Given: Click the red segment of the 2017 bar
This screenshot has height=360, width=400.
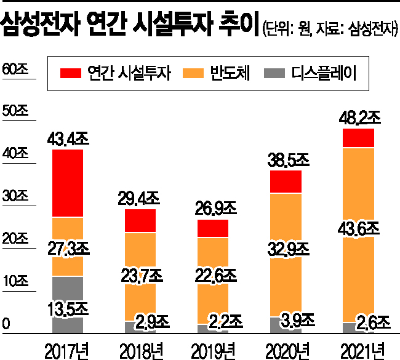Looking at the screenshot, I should (67, 183).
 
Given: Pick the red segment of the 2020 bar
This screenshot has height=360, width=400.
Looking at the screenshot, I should (286, 182).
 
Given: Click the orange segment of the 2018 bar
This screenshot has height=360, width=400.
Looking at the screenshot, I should (140, 252).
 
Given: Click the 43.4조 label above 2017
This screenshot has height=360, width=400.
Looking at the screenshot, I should (68, 138).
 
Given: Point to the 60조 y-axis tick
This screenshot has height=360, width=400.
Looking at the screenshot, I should (16, 70).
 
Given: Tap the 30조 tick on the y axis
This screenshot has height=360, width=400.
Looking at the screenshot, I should (16, 197).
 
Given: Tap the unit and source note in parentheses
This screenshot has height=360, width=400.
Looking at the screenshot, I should (330, 28).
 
